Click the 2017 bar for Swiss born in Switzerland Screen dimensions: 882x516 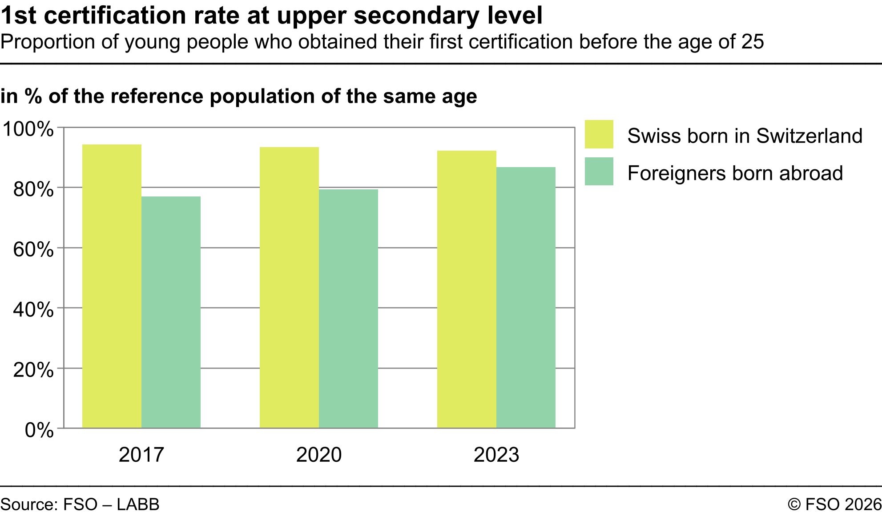112,286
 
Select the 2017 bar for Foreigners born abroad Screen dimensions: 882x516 171,312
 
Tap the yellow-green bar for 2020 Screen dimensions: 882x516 289,288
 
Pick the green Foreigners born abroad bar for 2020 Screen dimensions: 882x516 348,308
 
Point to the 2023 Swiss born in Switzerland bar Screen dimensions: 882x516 467,289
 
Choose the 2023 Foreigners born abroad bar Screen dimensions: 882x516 526,297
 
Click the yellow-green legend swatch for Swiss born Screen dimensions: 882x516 599,134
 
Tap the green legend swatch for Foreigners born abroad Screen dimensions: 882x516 599,171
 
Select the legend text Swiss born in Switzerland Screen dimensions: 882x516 745,136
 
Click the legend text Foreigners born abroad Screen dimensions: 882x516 735,173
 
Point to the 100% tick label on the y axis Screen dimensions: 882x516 28,129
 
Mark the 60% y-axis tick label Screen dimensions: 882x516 33,249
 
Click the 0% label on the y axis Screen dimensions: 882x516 39,430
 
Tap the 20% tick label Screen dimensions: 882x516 33,370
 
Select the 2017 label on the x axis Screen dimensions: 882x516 141,455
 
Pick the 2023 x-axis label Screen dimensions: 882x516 496,455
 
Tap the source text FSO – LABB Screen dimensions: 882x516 111,504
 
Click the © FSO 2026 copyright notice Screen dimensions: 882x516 834,504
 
